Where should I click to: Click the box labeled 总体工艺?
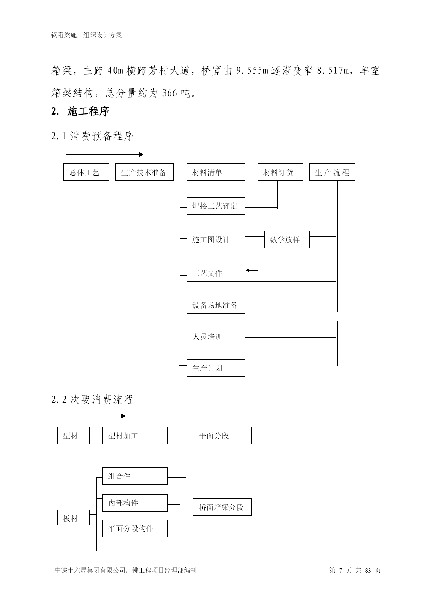coord(87,172)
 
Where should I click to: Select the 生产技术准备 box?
coord(145,172)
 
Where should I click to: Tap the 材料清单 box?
coord(216,172)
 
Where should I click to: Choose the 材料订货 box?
coord(280,172)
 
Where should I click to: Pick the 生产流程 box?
coord(332,172)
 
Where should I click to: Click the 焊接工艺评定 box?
coord(216,206)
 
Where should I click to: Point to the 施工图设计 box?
coord(216,239)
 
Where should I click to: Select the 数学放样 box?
coord(287,239)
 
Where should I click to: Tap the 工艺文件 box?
coord(216,273)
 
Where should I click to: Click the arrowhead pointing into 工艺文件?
coord(247,270)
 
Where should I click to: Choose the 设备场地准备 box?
coord(216,305)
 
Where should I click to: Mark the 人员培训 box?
coord(216,336)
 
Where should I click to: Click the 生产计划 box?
coord(216,368)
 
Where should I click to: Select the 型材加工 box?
coord(135,436)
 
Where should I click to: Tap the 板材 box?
coord(73,518)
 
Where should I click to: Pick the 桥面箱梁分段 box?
coord(222,507)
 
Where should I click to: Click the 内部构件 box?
coord(135,503)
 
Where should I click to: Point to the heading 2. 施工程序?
coord(80,111)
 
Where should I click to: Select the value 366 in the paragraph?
coord(169,93)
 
